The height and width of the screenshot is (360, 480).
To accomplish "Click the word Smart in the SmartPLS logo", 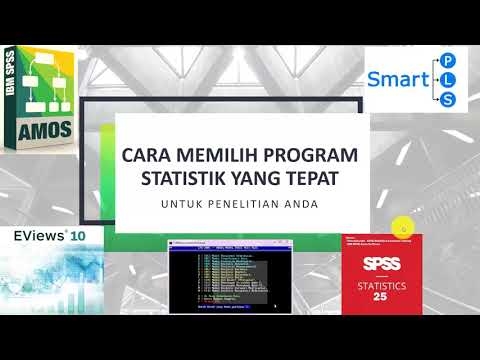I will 400,79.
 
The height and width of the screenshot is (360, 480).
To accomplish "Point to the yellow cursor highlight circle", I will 400,229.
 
